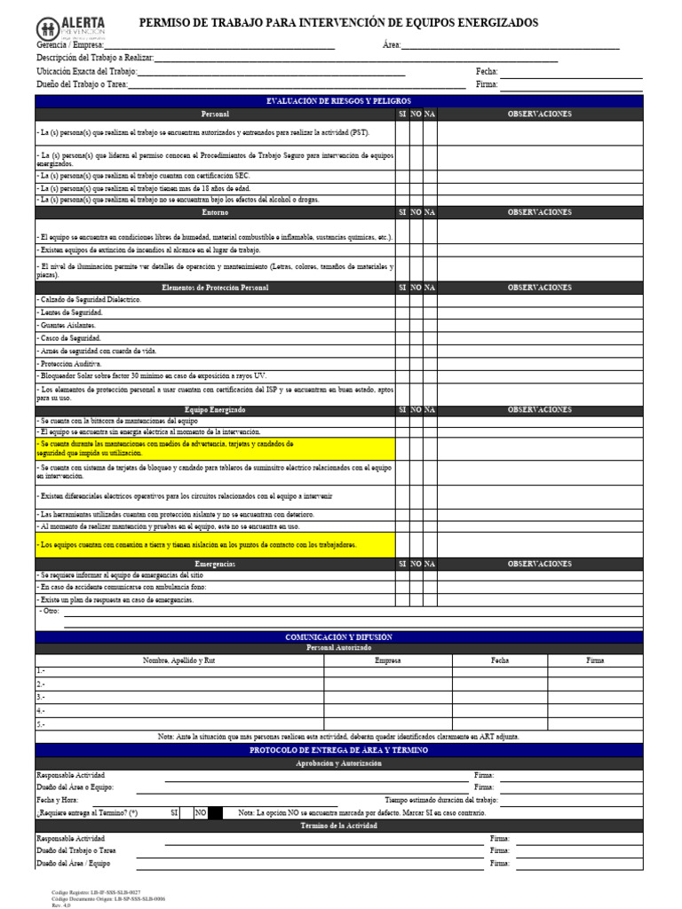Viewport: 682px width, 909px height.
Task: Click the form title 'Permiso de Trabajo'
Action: click(338, 23)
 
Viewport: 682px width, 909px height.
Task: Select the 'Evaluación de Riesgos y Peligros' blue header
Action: click(338, 101)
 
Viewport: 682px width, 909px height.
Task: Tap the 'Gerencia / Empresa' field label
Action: click(70, 45)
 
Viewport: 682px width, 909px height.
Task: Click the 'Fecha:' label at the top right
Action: click(487, 72)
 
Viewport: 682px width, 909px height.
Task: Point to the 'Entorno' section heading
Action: click(215, 212)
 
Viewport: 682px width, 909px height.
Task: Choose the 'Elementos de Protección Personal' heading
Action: click(215, 288)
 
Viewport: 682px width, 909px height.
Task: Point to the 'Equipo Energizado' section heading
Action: click(215, 409)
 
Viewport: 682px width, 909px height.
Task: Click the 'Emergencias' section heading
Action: click(215, 564)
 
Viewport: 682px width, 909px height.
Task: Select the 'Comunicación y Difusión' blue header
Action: click(338, 636)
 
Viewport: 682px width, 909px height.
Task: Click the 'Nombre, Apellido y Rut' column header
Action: click(179, 660)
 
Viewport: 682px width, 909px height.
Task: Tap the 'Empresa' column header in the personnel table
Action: click(388, 660)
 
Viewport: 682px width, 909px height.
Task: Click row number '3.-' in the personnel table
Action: click(41, 697)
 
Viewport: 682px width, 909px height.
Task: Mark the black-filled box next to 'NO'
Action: click(216, 813)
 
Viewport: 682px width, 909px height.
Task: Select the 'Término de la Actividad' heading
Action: click(338, 826)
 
